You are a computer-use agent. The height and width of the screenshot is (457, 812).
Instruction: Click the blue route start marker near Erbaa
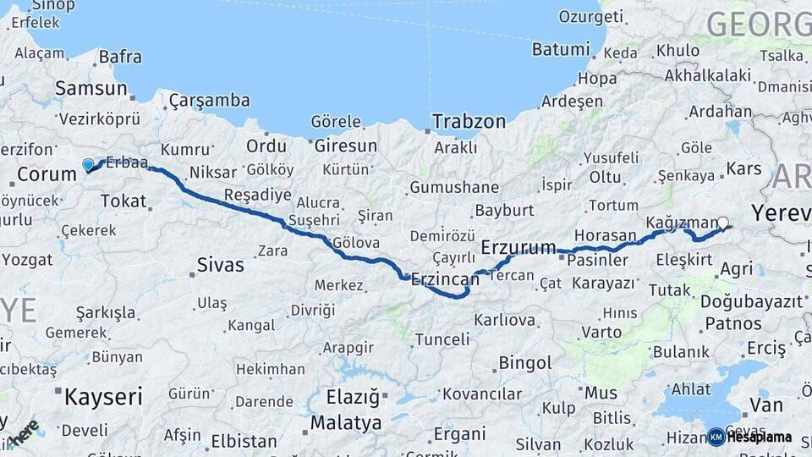[88, 165]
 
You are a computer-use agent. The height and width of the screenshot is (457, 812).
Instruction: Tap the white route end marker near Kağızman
[723, 223]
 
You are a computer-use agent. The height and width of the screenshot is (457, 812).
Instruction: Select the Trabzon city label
[469, 122]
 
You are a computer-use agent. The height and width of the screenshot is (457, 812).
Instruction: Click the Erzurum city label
[518, 247]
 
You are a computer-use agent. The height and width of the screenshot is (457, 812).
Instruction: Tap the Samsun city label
[91, 88]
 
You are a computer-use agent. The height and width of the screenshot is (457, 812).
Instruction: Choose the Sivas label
[220, 265]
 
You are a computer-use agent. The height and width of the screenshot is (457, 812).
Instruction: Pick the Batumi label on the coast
[561, 49]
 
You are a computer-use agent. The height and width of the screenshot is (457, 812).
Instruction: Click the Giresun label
[345, 146]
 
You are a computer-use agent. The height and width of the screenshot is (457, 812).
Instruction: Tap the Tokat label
[123, 201]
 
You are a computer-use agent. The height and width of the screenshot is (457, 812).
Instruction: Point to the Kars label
[743, 168]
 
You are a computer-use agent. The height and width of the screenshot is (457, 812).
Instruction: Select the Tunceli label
[442, 339]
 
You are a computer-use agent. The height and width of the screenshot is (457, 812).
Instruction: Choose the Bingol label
[525, 363]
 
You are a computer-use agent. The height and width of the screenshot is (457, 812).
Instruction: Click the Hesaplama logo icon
[716, 437]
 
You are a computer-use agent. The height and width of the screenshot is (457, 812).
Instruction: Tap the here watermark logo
[24, 433]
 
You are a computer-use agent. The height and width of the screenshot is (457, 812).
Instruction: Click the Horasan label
[605, 235]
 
